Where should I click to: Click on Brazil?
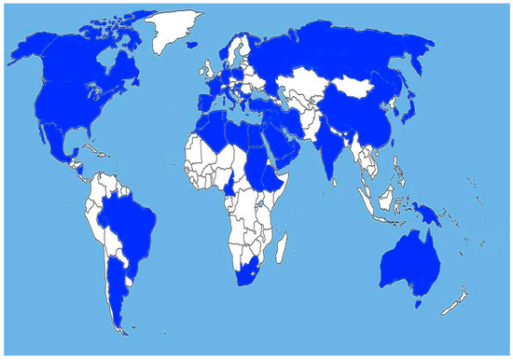click(x=132, y=224)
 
